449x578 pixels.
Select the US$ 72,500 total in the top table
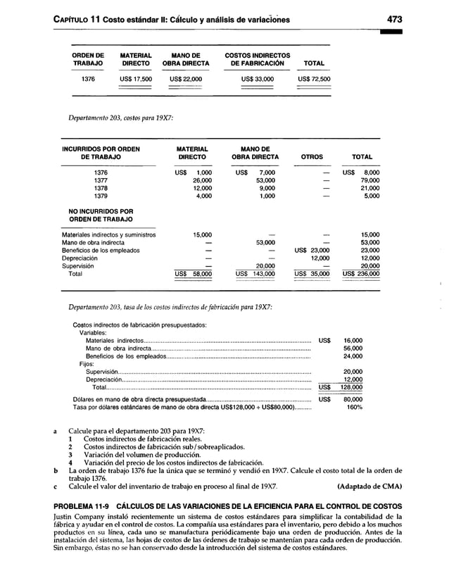click(314, 80)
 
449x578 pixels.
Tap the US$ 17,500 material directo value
click(135, 80)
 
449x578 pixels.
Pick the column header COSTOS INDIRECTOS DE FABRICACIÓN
click(257, 59)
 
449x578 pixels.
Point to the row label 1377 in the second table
click(101, 180)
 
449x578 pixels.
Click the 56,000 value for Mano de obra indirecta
click(353, 348)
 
